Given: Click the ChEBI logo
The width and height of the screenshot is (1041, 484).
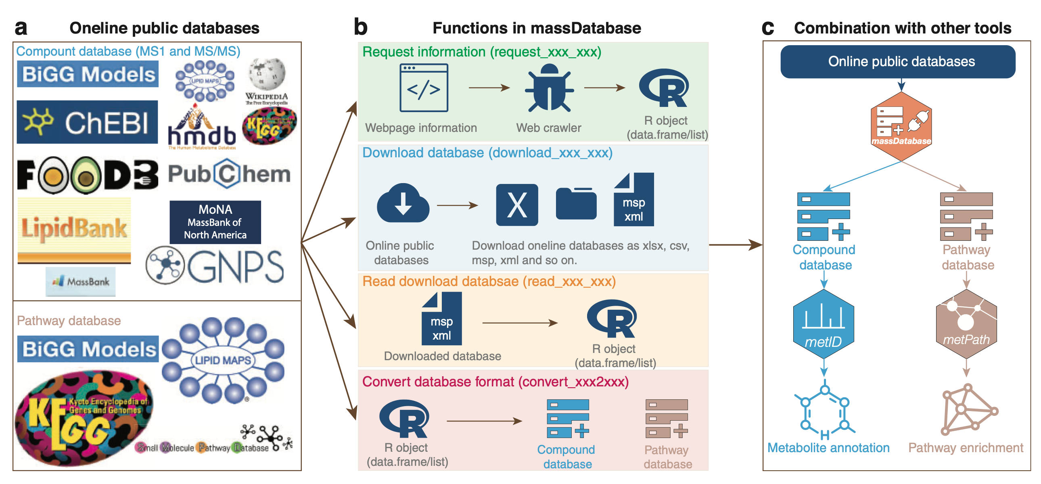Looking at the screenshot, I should pos(87,122).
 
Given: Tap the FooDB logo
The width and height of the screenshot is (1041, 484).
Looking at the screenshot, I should pos(88,175).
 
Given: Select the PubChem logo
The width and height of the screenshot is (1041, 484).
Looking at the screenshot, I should pos(229,174).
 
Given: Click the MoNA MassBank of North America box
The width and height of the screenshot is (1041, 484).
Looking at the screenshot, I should pos(215,222).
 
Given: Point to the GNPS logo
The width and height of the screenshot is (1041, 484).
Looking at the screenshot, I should pos(215,266).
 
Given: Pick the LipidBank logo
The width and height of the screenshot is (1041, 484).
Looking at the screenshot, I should pos(74,230).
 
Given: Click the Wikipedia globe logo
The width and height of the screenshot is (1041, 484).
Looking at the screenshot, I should pos(267,75).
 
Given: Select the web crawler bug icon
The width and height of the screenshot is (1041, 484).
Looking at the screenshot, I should pos(549,88).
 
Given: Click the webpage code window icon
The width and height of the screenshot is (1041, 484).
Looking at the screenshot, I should pos(424,88).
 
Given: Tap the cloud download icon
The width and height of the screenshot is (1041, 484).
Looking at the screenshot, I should pos(403,203).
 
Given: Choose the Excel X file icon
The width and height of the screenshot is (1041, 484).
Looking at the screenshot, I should pos(517,205).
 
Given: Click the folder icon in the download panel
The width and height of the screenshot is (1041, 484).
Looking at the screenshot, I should pos(576,204).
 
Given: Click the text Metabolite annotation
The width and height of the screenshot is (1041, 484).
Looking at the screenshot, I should pos(828,448).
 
